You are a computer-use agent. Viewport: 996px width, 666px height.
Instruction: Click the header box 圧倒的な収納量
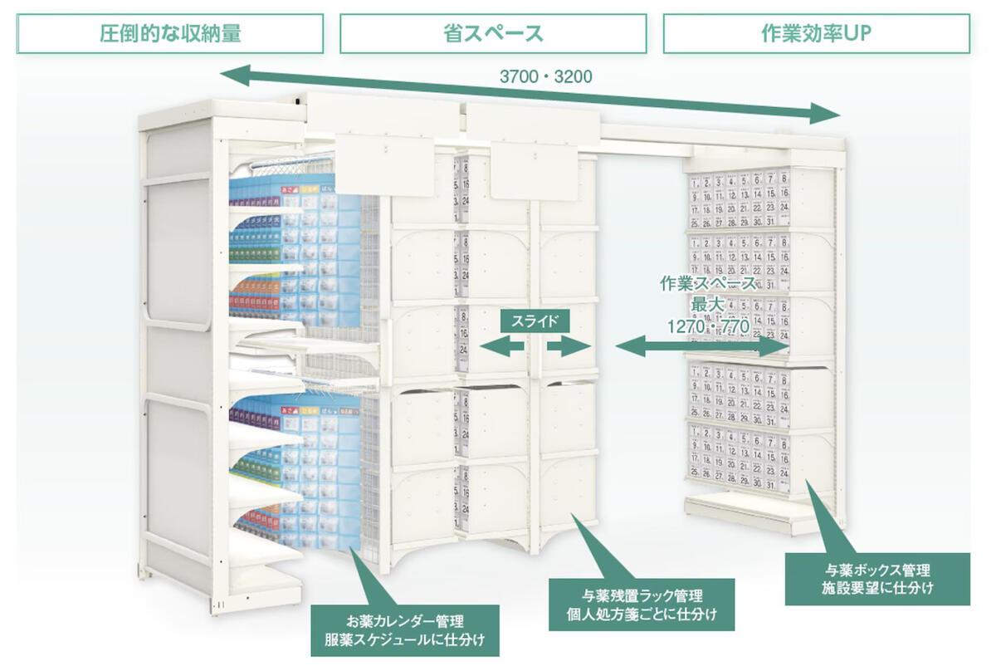click(170, 34)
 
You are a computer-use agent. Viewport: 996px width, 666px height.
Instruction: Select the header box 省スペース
click(493, 34)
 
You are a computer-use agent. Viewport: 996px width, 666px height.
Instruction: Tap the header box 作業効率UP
click(816, 34)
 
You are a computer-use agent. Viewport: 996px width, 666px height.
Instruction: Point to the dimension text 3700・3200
click(545, 77)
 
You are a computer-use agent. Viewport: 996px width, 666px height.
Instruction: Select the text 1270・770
click(708, 326)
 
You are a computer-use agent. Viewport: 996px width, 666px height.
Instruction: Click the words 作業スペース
click(708, 283)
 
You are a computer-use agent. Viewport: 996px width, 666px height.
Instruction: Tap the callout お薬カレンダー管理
click(404, 620)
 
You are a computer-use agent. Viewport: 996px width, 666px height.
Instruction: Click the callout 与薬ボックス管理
click(877, 570)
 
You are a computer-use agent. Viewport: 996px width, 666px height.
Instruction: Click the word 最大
click(708, 305)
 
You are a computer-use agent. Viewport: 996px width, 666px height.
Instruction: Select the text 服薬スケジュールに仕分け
click(404, 640)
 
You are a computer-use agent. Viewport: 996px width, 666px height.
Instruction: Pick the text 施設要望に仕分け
click(877, 589)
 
